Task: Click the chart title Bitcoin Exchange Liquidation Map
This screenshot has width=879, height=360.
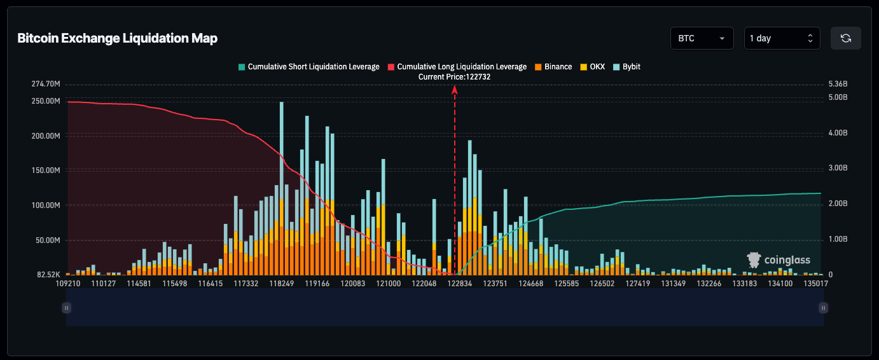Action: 117,38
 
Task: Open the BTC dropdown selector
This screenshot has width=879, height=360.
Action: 702,38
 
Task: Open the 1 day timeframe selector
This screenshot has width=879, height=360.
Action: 782,38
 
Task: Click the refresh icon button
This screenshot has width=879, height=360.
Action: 845,38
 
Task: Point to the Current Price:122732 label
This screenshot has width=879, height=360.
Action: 454,76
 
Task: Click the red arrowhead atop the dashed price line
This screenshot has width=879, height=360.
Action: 455,90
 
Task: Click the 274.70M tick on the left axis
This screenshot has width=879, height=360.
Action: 45,84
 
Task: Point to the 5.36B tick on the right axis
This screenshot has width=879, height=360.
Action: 838,84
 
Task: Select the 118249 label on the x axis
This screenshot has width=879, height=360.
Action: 282,284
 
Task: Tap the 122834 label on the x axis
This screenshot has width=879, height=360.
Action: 459,284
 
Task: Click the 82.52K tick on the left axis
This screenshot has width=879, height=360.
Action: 48,275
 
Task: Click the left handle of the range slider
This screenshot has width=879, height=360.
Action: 66,308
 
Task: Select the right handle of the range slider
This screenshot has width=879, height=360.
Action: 824,308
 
